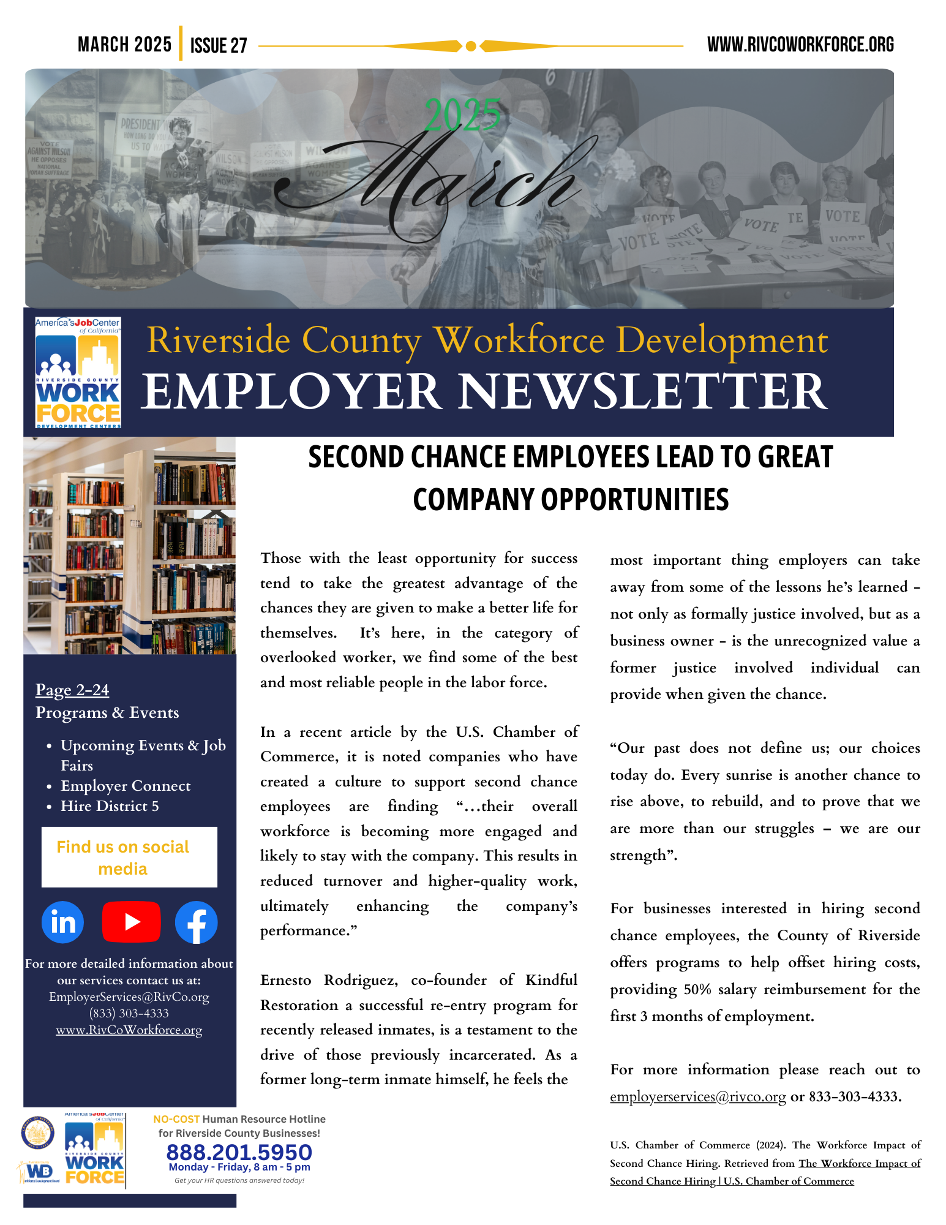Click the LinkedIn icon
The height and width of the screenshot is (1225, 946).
click(63, 922)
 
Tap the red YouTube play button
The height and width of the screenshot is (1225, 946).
click(131, 922)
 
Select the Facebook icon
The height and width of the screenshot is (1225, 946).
click(197, 922)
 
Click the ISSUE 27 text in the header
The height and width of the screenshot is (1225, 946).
click(219, 45)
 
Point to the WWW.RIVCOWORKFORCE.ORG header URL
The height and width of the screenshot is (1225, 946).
click(800, 45)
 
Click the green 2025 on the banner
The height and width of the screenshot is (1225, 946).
click(462, 115)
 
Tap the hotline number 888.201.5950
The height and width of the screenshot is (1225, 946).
click(239, 1152)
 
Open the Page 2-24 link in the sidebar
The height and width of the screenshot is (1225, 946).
click(72, 690)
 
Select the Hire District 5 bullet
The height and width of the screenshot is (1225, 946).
click(110, 806)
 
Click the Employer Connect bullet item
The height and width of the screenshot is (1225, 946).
click(126, 786)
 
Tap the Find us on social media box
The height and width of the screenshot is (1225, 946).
click(129, 857)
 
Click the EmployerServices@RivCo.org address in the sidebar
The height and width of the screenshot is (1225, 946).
click(129, 997)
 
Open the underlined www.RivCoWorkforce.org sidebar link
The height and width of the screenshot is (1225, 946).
click(129, 1030)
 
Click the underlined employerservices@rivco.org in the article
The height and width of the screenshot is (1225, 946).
click(697, 1096)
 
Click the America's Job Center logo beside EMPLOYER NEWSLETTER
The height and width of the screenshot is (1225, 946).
click(78, 372)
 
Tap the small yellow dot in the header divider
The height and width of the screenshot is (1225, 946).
click(471, 46)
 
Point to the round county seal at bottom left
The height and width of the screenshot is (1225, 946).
click(37, 1133)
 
